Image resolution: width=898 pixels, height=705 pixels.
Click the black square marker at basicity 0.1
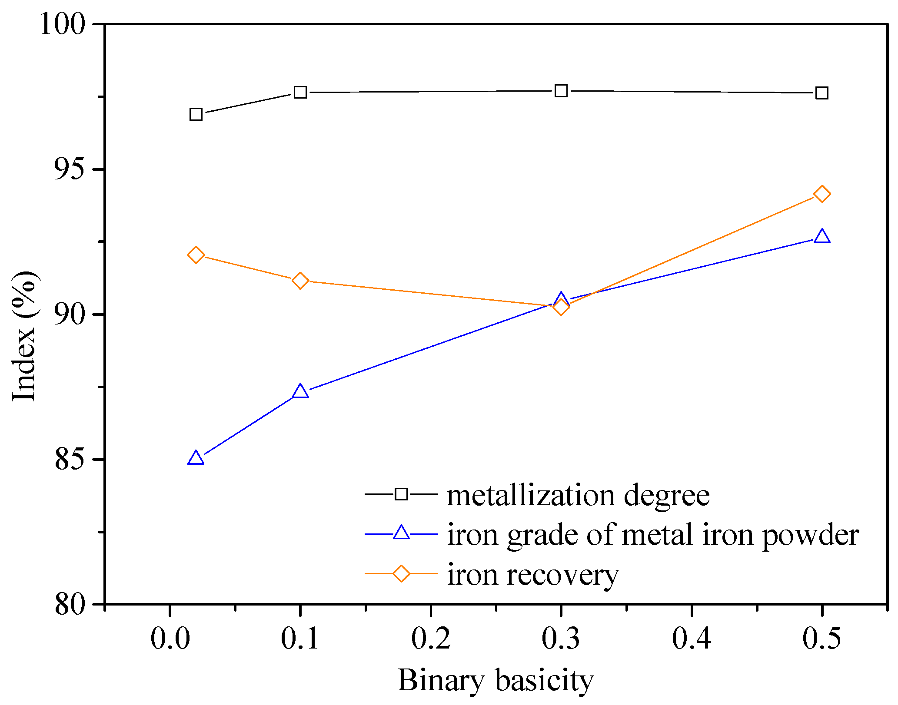click(300, 93)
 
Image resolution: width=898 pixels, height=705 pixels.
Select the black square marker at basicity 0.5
click(822, 93)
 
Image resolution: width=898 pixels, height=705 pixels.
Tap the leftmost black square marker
click(196, 114)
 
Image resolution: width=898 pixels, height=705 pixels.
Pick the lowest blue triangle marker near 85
click(196, 459)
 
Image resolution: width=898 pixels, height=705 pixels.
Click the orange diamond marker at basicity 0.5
click(822, 194)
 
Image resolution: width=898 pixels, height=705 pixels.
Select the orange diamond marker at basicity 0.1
click(300, 281)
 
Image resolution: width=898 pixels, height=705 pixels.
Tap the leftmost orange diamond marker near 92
click(196, 255)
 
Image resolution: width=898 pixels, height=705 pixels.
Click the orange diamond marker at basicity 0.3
click(561, 307)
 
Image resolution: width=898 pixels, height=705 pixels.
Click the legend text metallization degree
click(578, 496)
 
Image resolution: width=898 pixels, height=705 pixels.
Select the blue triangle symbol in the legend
click(401, 533)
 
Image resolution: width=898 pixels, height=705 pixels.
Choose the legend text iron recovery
click(533, 575)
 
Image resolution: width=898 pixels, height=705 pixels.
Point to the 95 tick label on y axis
click(69, 169)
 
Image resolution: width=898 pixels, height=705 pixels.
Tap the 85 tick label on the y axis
click(69, 459)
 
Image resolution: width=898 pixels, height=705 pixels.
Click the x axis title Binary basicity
click(496, 681)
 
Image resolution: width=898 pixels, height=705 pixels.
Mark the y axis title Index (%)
click(24, 337)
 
